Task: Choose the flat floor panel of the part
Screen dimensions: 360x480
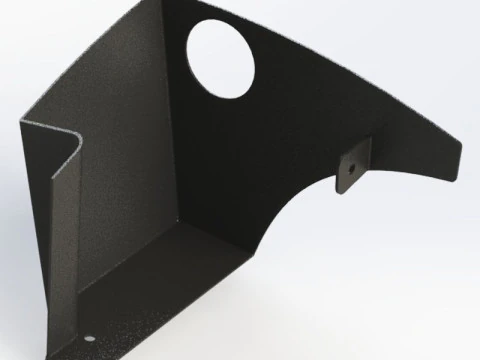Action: (x=180, y=290)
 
